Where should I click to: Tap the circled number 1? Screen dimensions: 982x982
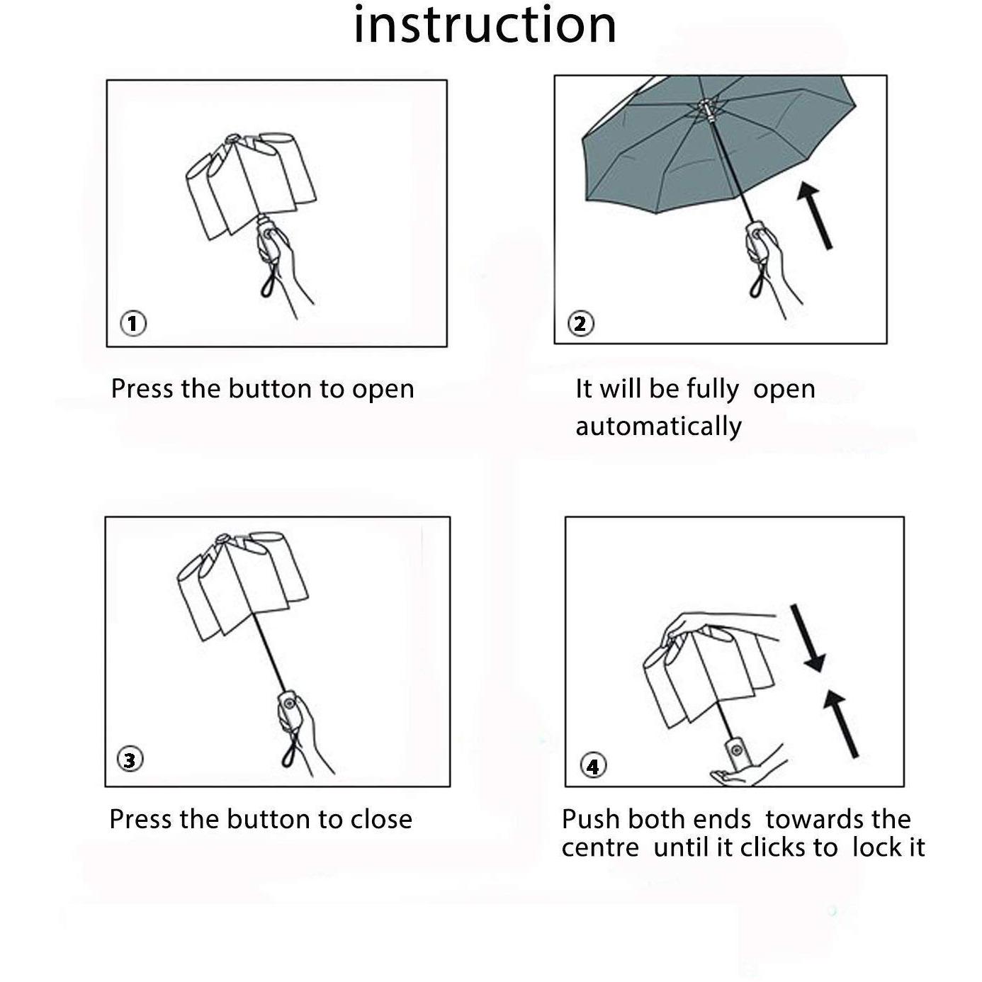pos(133,323)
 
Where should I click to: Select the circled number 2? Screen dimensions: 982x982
pos(580,323)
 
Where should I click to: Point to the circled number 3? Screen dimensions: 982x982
pos(130,760)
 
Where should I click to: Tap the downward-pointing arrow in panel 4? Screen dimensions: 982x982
pos(808,638)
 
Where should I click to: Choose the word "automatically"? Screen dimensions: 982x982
pos(658,426)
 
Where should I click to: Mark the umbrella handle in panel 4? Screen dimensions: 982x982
pos(738,751)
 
